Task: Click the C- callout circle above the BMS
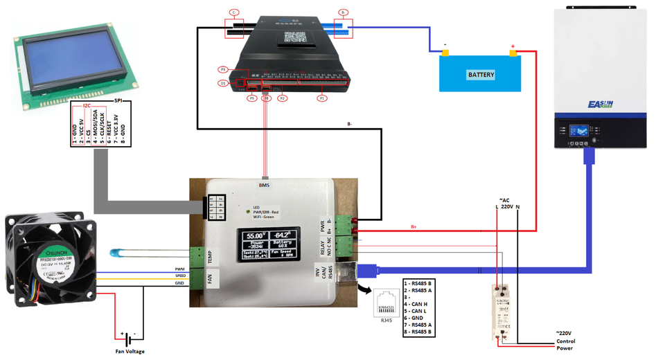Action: pos(234,12)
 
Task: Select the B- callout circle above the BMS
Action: pos(342,12)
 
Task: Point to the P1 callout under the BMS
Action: pos(321,99)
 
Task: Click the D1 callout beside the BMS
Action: pos(224,83)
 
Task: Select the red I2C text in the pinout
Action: pos(87,107)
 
